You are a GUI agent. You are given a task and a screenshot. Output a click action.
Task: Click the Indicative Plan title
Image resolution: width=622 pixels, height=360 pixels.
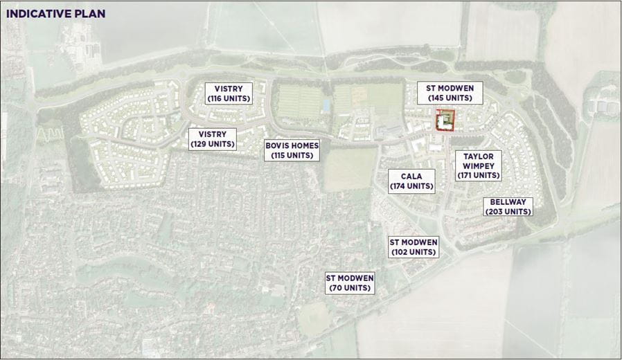[55, 13]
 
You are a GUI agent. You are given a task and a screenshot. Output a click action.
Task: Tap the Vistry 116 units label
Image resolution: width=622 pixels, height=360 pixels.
[229, 93]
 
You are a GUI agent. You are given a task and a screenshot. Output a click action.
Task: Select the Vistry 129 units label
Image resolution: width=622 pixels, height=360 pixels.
[213, 139]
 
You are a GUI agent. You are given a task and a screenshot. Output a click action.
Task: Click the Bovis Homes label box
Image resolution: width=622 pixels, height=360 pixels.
[292, 150]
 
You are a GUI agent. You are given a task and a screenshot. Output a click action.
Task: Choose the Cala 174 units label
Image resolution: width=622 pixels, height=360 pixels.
[411, 181]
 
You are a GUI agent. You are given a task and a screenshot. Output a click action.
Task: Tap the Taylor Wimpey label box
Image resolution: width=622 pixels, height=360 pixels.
[478, 165]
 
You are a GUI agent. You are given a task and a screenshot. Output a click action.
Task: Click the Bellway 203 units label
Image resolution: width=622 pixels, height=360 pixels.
[508, 206]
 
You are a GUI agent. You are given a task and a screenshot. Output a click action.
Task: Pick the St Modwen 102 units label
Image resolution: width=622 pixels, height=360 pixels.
[414, 247]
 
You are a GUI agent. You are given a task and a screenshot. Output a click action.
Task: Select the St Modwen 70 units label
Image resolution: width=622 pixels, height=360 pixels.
[350, 282]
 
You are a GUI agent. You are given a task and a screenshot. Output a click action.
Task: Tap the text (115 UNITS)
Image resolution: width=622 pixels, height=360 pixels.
[292, 156]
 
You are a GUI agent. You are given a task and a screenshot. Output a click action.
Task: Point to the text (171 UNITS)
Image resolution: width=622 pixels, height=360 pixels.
[478, 176]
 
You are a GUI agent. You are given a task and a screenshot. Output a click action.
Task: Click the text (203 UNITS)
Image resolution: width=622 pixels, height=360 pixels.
[508, 212]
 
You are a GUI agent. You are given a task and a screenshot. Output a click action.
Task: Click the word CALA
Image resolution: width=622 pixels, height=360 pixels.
[411, 177]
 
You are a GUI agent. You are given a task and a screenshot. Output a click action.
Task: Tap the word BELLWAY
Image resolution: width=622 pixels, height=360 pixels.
[508, 201]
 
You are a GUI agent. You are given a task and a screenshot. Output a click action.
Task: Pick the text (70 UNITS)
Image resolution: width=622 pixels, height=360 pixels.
[350, 288]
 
